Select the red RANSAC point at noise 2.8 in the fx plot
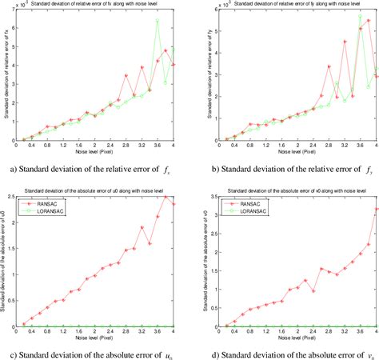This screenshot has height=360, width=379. point(126,76)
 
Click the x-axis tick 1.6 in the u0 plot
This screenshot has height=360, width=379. point(79,334)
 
